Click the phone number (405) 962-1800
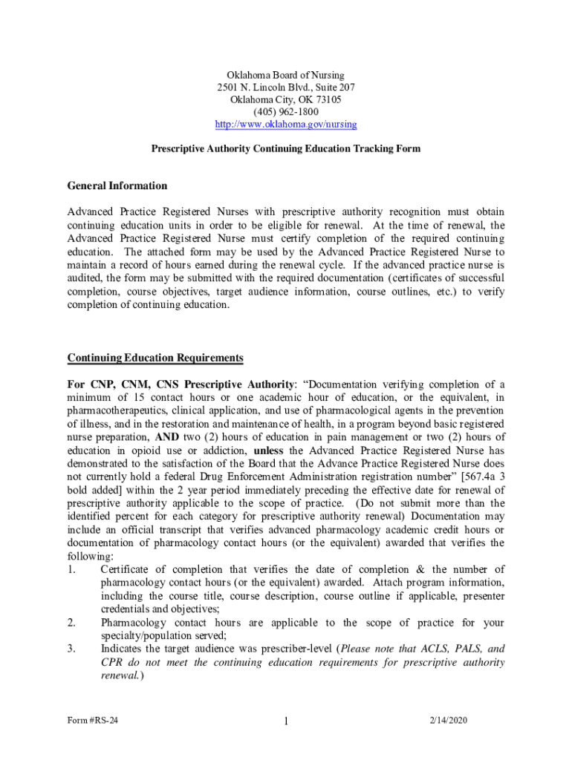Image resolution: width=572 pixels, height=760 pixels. coord(285,111)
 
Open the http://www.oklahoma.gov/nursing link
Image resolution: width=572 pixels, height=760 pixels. coord(285,124)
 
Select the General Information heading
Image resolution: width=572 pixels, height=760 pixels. coord(117,186)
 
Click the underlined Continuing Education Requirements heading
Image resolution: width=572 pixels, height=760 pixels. coord(155,358)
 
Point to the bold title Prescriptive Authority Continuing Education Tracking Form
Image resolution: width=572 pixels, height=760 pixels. coord(285,148)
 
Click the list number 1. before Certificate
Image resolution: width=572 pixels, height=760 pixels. coord(72,569)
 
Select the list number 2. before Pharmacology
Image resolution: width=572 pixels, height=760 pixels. coord(72,622)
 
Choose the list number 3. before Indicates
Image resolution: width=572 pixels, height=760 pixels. coord(72,649)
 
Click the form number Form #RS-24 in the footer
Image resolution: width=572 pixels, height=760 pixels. coord(92,721)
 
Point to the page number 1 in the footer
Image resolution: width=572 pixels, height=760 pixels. coord(285,722)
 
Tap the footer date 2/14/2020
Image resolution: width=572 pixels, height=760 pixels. coord(449,721)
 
